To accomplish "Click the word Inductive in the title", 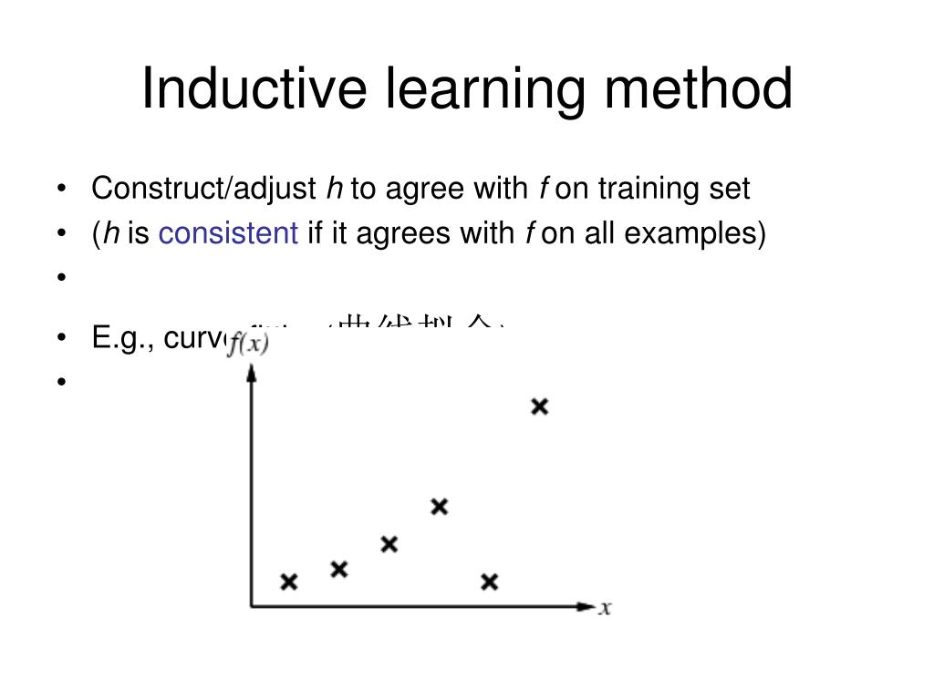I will [254, 89].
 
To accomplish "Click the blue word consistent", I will [228, 234].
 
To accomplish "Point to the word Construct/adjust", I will [203, 190].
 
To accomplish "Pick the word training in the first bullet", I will [649, 190].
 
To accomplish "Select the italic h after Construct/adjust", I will [334, 190].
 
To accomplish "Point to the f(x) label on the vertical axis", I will [247, 345].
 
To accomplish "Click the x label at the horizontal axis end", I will [604, 608].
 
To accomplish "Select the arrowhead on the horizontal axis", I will [586, 605].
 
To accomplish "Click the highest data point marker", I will [540, 407].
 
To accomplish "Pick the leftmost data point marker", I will [289, 582].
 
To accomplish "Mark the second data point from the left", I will [339, 570].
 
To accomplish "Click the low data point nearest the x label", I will [490, 582].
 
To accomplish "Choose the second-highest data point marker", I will [440, 507].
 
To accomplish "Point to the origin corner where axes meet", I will [252, 605].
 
